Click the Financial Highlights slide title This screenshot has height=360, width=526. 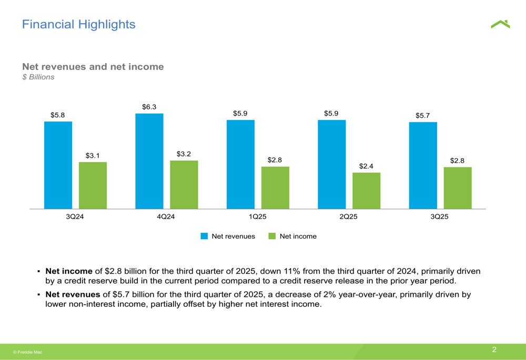78,24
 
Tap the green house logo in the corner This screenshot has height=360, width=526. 500,24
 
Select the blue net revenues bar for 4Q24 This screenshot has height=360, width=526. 149,161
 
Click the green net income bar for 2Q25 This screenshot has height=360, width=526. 366,190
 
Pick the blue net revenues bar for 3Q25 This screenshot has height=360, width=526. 423,165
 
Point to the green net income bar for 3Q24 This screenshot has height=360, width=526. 93,185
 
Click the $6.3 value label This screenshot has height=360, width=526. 149,107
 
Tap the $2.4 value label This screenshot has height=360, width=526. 366,166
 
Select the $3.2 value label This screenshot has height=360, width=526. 184,154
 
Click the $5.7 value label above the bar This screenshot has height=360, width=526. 422,116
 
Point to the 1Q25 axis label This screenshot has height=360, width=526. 257,217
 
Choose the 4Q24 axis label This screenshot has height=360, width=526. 166,217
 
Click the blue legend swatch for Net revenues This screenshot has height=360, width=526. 205,236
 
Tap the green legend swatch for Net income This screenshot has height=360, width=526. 272,236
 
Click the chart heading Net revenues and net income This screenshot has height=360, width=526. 93,67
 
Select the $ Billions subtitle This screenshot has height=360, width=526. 38,77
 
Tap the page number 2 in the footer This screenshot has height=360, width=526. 494,349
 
